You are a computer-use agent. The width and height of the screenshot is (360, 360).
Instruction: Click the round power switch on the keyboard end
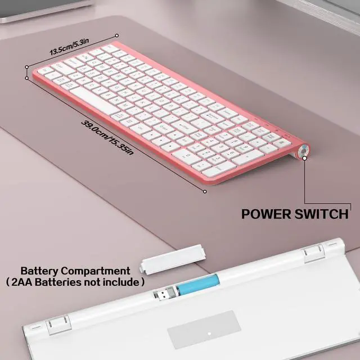coord(304,150)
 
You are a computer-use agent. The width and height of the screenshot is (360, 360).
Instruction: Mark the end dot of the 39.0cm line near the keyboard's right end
coord(205,191)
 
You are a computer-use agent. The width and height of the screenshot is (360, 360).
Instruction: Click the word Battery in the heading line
coord(39,271)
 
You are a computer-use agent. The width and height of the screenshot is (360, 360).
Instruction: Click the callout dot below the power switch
coord(305,159)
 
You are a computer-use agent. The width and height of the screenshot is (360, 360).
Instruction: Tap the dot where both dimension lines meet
coord(26,66)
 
